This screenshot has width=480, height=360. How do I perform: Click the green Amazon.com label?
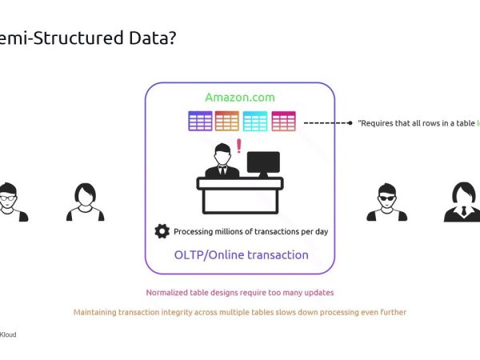click(239, 98)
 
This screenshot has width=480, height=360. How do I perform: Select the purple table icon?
click(200, 121)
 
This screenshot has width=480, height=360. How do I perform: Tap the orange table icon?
click(227, 121)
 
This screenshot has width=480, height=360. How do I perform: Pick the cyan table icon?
click(255, 121)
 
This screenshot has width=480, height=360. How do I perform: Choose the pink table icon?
click(283, 121)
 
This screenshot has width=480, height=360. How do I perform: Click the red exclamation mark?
click(238, 146)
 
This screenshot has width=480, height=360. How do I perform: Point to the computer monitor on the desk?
click(263, 164)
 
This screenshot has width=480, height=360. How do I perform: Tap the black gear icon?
click(162, 231)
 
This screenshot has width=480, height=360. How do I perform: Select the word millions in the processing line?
click(228, 231)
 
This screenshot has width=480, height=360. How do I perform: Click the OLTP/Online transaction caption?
click(241, 255)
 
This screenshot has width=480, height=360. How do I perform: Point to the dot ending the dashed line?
click(350, 123)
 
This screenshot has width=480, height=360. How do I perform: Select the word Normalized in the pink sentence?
click(168, 293)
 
